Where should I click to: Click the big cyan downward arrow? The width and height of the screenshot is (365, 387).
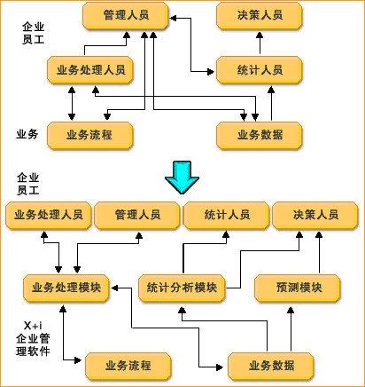coord(182,178)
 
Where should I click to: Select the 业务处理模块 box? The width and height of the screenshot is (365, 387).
coord(66,288)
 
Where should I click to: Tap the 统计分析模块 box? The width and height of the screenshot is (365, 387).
coord(182,288)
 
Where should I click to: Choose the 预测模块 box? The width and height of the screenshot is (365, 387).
coord(298,288)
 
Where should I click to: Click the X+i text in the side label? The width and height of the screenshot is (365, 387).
coord(33,326)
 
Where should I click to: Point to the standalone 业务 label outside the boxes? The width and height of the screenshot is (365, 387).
coord(27,134)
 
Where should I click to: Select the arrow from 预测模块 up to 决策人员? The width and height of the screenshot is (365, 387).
coord(319,252)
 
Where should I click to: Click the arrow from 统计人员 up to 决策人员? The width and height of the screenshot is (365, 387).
coord(260,43)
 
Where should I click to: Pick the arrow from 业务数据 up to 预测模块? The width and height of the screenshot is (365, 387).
coord(291,329)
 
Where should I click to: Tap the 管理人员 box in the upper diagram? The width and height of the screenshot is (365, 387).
coord(126,15)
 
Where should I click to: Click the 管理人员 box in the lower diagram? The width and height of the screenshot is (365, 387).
coord(137,215)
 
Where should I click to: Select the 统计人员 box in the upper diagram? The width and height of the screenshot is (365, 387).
coord(260,70)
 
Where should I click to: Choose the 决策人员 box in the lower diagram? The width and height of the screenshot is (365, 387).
coord(315,215)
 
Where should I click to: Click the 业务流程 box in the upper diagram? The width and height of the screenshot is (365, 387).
coord(89,135)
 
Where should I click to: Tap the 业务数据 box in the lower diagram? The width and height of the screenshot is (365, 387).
coord(270,366)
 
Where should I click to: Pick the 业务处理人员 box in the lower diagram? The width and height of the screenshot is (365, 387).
coord(48,215)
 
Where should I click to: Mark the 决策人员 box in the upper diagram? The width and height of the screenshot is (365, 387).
coord(260,15)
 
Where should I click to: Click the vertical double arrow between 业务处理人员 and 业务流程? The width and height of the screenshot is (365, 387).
coord(72,103)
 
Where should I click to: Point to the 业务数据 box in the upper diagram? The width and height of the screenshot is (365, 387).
coord(260,135)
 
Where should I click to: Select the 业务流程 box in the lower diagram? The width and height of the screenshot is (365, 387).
coord(128,366)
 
